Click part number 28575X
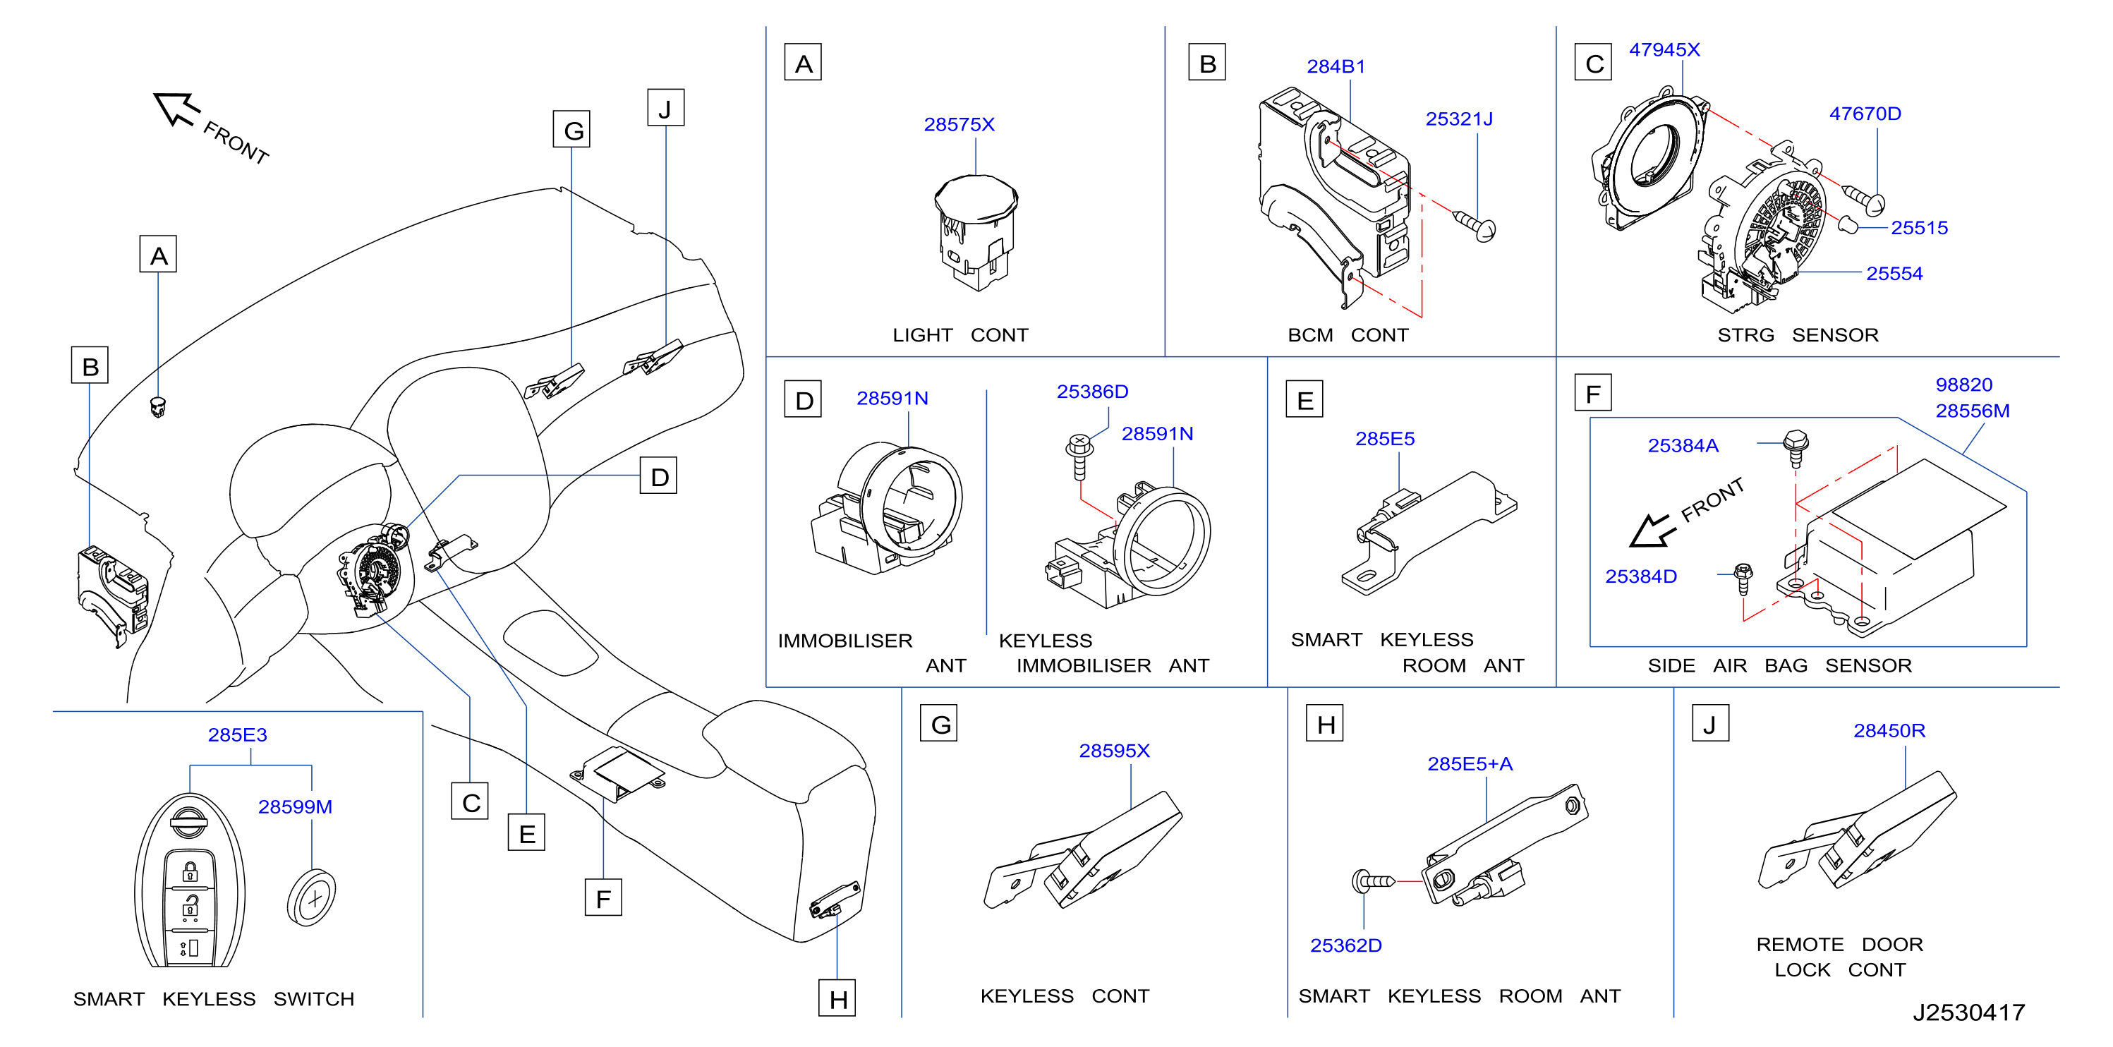click(x=959, y=125)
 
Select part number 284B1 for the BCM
click(x=1336, y=66)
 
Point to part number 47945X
click(x=1664, y=50)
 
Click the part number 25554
click(x=1894, y=274)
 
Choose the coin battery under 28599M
click(x=312, y=897)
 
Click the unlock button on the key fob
click(x=190, y=906)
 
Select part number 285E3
click(x=237, y=735)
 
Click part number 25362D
click(x=1345, y=946)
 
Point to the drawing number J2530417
click(x=1968, y=1012)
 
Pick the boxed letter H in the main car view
click(x=837, y=998)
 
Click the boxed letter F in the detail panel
click(x=1593, y=393)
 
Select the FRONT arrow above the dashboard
click(x=176, y=109)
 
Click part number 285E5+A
click(x=1470, y=765)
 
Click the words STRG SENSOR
click(x=1798, y=336)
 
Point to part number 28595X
click(x=1114, y=751)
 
